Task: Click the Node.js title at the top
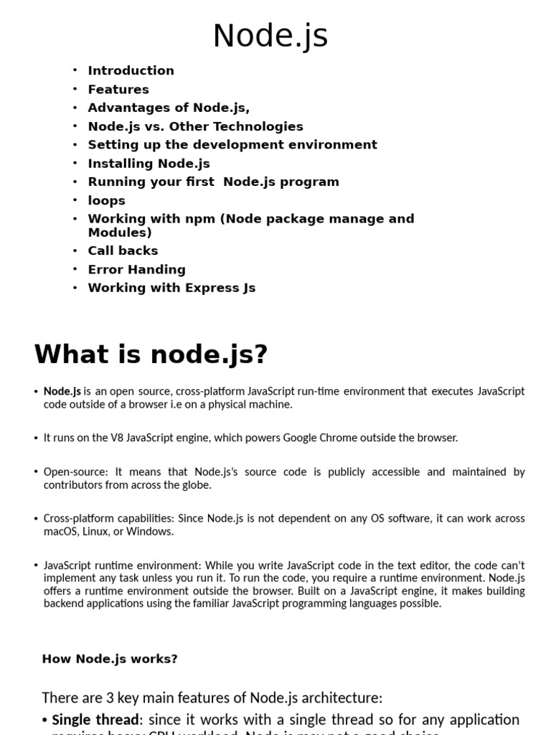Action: point(270,36)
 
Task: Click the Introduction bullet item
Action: point(131,70)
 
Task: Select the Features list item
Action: point(118,89)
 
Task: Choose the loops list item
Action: point(106,200)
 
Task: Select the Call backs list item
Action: point(123,251)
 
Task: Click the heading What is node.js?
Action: point(151,354)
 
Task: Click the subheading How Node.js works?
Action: point(110,659)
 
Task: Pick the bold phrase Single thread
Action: point(95,719)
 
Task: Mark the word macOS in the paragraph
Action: point(58,532)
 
